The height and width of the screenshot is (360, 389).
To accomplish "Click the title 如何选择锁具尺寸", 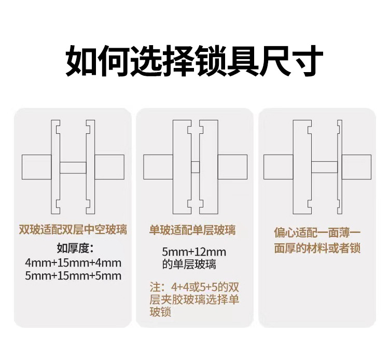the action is click(195, 61).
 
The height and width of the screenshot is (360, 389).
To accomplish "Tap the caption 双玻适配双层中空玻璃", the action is click(73, 229).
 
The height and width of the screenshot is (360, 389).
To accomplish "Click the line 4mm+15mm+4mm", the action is click(73, 262).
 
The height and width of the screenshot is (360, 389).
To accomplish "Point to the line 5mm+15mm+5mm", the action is click(73, 275).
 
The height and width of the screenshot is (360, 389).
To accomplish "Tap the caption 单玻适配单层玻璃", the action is click(192, 229).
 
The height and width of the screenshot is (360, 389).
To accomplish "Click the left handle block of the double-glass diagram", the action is click(36, 167).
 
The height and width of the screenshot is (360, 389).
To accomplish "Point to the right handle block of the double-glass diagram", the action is click(109, 167).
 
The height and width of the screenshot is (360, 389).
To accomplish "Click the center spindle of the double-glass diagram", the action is click(73, 167).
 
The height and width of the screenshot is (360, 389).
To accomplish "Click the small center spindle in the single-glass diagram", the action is click(195, 167).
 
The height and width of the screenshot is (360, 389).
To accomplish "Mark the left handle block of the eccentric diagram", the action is click(279, 167).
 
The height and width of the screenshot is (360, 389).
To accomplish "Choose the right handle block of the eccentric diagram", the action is click(357, 167).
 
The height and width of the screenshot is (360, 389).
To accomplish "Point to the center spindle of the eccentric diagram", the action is click(324, 167).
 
